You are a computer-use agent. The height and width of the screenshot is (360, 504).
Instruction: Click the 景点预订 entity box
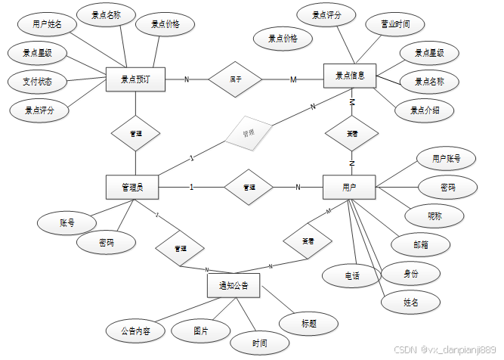[x=136, y=78]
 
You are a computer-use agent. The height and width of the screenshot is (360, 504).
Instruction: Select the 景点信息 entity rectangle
[x=349, y=76]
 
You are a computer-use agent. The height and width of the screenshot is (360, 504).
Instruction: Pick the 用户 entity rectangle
[x=349, y=187]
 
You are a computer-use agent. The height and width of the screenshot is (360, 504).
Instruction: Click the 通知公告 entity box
[x=233, y=285]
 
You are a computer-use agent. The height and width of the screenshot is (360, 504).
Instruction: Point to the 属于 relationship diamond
[x=235, y=78]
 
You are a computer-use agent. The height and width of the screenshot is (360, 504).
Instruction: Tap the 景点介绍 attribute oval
[x=425, y=110]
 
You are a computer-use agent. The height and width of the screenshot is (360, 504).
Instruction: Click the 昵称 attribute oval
[x=434, y=215]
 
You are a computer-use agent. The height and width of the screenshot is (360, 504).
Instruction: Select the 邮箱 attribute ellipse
[x=421, y=244]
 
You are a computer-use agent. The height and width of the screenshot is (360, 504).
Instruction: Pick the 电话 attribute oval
[x=351, y=275]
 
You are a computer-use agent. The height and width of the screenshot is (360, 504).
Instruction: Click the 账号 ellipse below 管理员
[x=67, y=223]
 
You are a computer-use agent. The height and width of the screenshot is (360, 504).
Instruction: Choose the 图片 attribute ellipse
[x=200, y=331]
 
